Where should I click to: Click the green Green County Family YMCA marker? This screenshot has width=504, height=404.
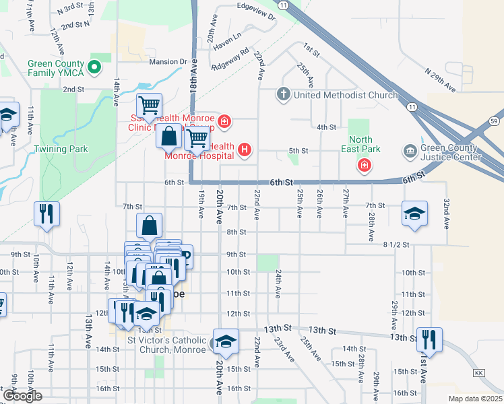pyautogui.click(x=95, y=67)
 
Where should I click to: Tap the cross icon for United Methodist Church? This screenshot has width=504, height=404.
pyautogui.click(x=284, y=94)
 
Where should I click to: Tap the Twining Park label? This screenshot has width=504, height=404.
pyautogui.click(x=61, y=148)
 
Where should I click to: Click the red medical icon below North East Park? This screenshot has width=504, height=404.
pyautogui.click(x=364, y=165)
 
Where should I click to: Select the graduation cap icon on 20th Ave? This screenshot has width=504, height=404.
pyautogui.click(x=226, y=341)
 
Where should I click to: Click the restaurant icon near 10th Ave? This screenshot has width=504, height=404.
pyautogui.click(x=46, y=213)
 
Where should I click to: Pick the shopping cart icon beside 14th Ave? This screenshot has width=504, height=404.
pyautogui.click(x=150, y=105)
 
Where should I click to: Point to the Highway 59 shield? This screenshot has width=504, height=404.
pyautogui.click(x=494, y=121)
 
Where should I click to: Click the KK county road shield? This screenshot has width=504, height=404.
pyautogui.click(x=479, y=372)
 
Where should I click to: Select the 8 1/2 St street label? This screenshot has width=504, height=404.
pyautogui.click(x=396, y=244)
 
